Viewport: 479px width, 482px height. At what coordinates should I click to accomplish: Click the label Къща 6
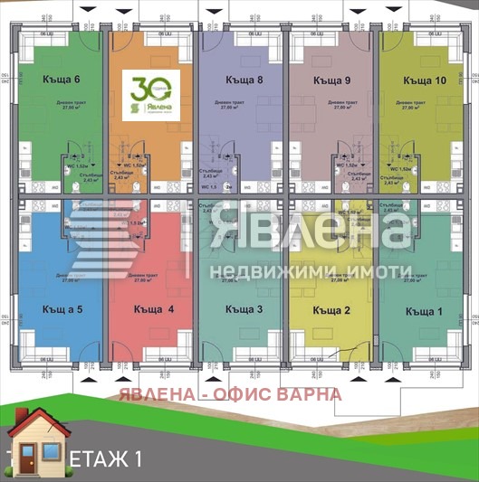pyautogui.click(x=62, y=79)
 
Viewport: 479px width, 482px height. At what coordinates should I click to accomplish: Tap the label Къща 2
pyautogui.click(x=331, y=311)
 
